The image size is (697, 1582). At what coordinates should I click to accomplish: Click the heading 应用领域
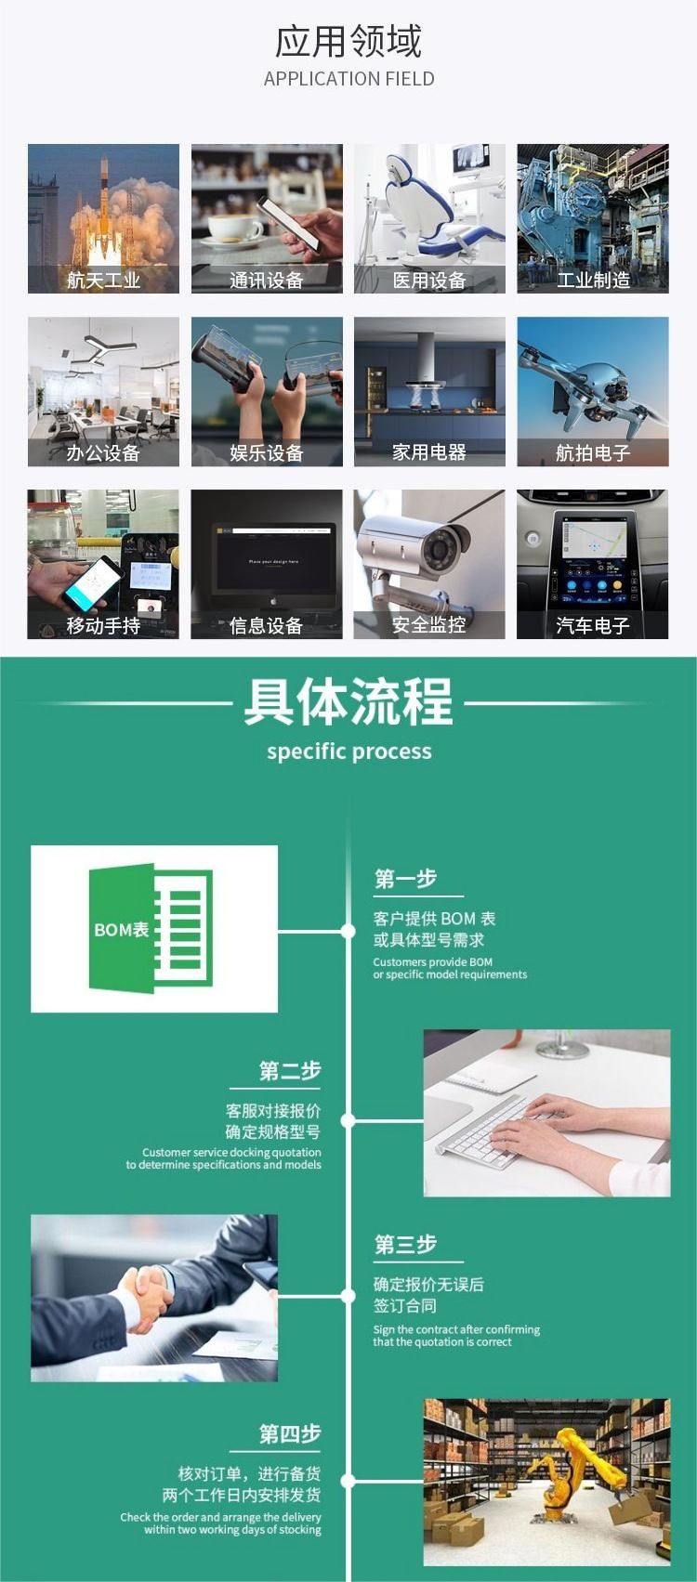point(348,41)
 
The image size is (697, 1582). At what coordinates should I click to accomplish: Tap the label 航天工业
point(103,281)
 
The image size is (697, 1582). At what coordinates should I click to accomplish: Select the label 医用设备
point(429,281)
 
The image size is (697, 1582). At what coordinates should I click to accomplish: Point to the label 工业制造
point(593,281)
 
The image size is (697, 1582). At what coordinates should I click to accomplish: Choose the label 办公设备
point(103,452)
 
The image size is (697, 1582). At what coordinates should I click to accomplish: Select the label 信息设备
point(267,626)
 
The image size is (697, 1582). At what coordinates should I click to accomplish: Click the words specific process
point(349,751)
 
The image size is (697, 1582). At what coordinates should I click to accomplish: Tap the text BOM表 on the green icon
point(122,930)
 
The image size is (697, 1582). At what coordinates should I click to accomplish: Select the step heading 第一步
point(406,879)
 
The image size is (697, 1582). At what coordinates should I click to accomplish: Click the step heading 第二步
point(290,1071)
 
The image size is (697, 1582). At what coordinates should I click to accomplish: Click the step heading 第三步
point(406,1245)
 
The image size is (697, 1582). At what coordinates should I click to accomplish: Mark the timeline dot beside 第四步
point(347,1481)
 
